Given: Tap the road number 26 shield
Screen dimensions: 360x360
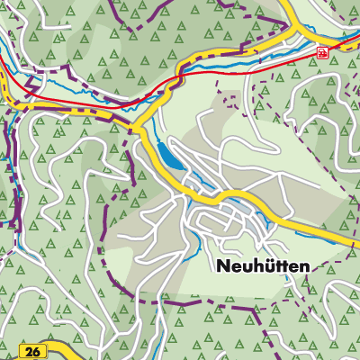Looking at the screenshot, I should [x=32, y=350].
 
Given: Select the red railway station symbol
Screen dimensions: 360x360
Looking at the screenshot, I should [x=321, y=54].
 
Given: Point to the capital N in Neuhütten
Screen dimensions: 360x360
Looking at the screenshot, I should [x=223, y=267].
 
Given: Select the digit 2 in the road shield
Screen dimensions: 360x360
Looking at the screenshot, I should [x=29, y=350].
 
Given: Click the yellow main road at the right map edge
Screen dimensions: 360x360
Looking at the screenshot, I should [x=354, y=240].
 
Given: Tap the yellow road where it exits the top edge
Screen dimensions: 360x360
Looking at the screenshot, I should [x=286, y=4].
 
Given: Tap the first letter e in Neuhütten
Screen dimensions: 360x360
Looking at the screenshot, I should [x=237, y=268].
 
